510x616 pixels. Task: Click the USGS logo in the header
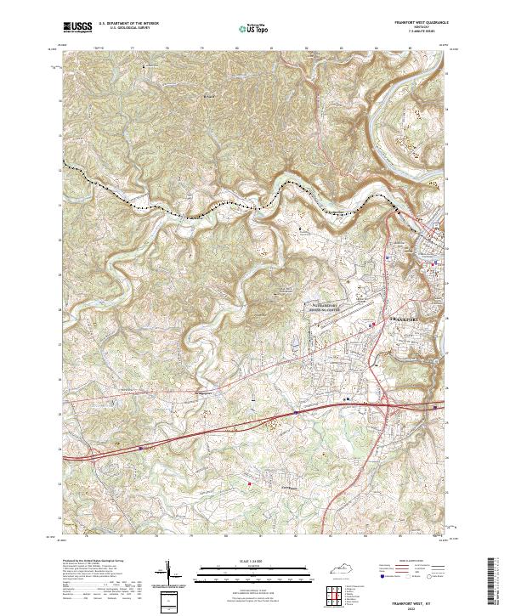pyautogui.click(x=77, y=28)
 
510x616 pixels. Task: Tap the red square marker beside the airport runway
pyautogui.click(x=371, y=323)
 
